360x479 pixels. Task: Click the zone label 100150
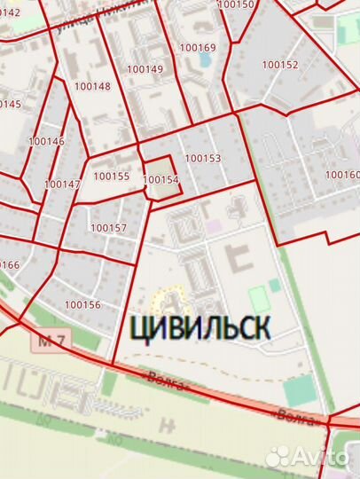pyautogui.click(x=236, y=4)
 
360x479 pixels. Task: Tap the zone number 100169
pyautogui.click(x=198, y=47)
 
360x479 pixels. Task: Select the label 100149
pyautogui.click(x=145, y=68)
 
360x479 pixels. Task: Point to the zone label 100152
pyautogui.click(x=280, y=65)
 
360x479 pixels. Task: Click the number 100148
pyautogui.click(x=93, y=86)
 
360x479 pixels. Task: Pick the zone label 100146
pyautogui.click(x=46, y=141)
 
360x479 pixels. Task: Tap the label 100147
pyautogui.click(x=61, y=185)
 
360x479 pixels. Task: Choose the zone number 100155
pyautogui.click(x=111, y=176)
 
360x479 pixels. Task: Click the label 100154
pyautogui.click(x=160, y=179)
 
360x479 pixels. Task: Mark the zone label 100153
pyautogui.click(x=202, y=159)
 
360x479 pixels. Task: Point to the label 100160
pyautogui.click(x=342, y=175)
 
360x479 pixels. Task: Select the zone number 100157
pyautogui.click(x=108, y=228)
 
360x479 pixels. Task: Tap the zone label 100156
pyautogui.click(x=83, y=304)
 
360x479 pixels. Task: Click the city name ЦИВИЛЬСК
pyautogui.click(x=200, y=327)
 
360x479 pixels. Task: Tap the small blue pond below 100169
pyautogui.click(x=205, y=60)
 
